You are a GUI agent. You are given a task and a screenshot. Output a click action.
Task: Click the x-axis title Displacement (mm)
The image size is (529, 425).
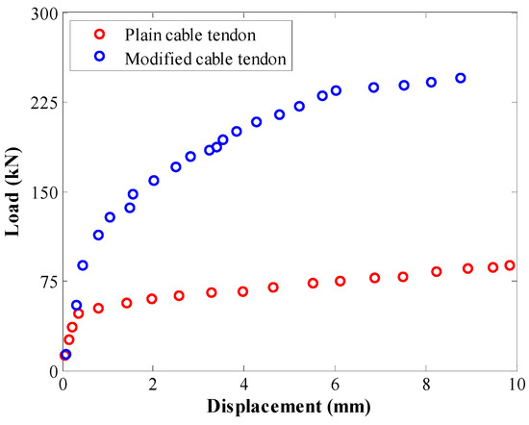(x=289, y=408)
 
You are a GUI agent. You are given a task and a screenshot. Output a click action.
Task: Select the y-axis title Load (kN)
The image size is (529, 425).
(x=13, y=192)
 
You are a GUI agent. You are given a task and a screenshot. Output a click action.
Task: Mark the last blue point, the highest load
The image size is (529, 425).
(x=461, y=78)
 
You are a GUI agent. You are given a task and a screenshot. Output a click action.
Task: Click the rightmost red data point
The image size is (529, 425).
(x=510, y=265)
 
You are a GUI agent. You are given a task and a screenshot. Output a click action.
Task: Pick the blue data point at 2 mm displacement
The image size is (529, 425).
(x=154, y=180)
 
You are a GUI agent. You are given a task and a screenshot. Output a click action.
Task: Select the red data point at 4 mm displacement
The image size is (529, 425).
(x=242, y=291)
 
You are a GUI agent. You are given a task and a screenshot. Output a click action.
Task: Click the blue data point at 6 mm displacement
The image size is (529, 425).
(x=336, y=90)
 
